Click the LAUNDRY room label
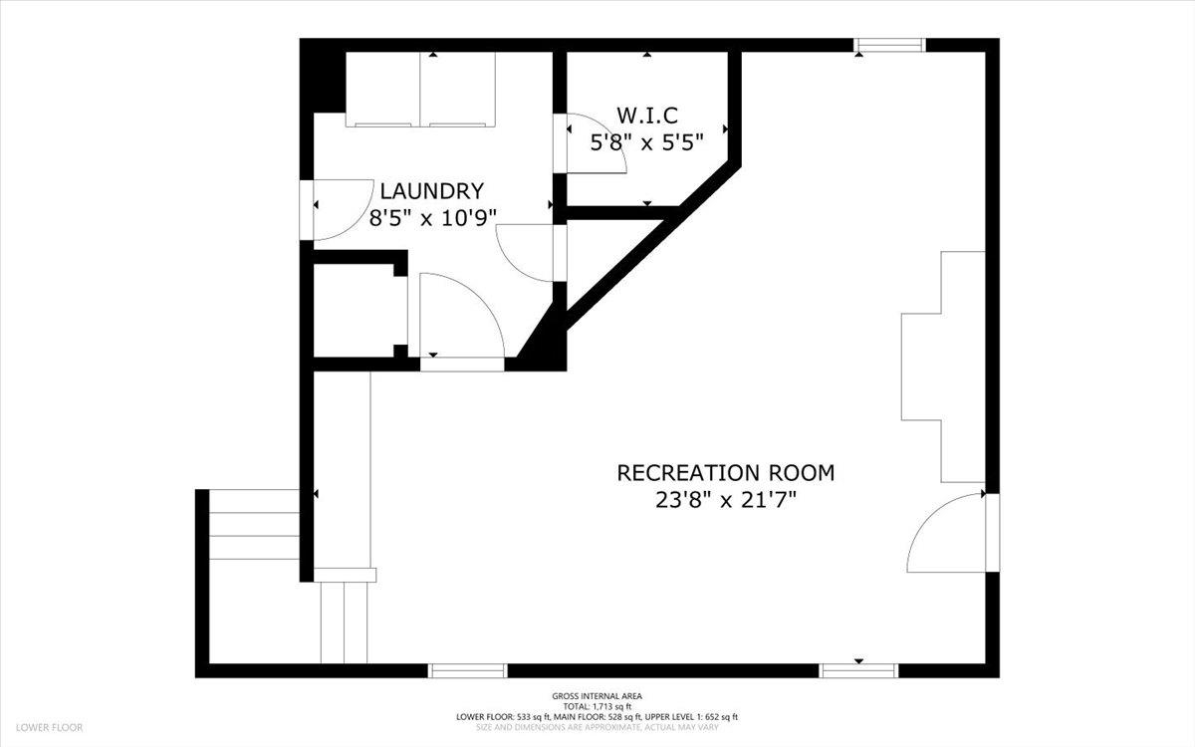click(x=431, y=191)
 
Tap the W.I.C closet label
click(x=647, y=116)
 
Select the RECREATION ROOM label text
click(x=726, y=473)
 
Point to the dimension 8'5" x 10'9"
click(x=432, y=218)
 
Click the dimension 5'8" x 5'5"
click(x=646, y=142)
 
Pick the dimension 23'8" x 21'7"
click(x=726, y=500)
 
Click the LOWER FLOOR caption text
click(x=49, y=728)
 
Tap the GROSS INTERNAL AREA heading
click(x=597, y=696)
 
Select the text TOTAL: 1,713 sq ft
click(x=597, y=706)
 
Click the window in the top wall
click(x=889, y=45)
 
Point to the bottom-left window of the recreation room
click(x=467, y=670)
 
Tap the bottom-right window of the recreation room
click(x=858, y=670)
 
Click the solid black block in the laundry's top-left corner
click(x=323, y=76)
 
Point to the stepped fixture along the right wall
click(x=943, y=368)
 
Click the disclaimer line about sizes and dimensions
click(x=597, y=727)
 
